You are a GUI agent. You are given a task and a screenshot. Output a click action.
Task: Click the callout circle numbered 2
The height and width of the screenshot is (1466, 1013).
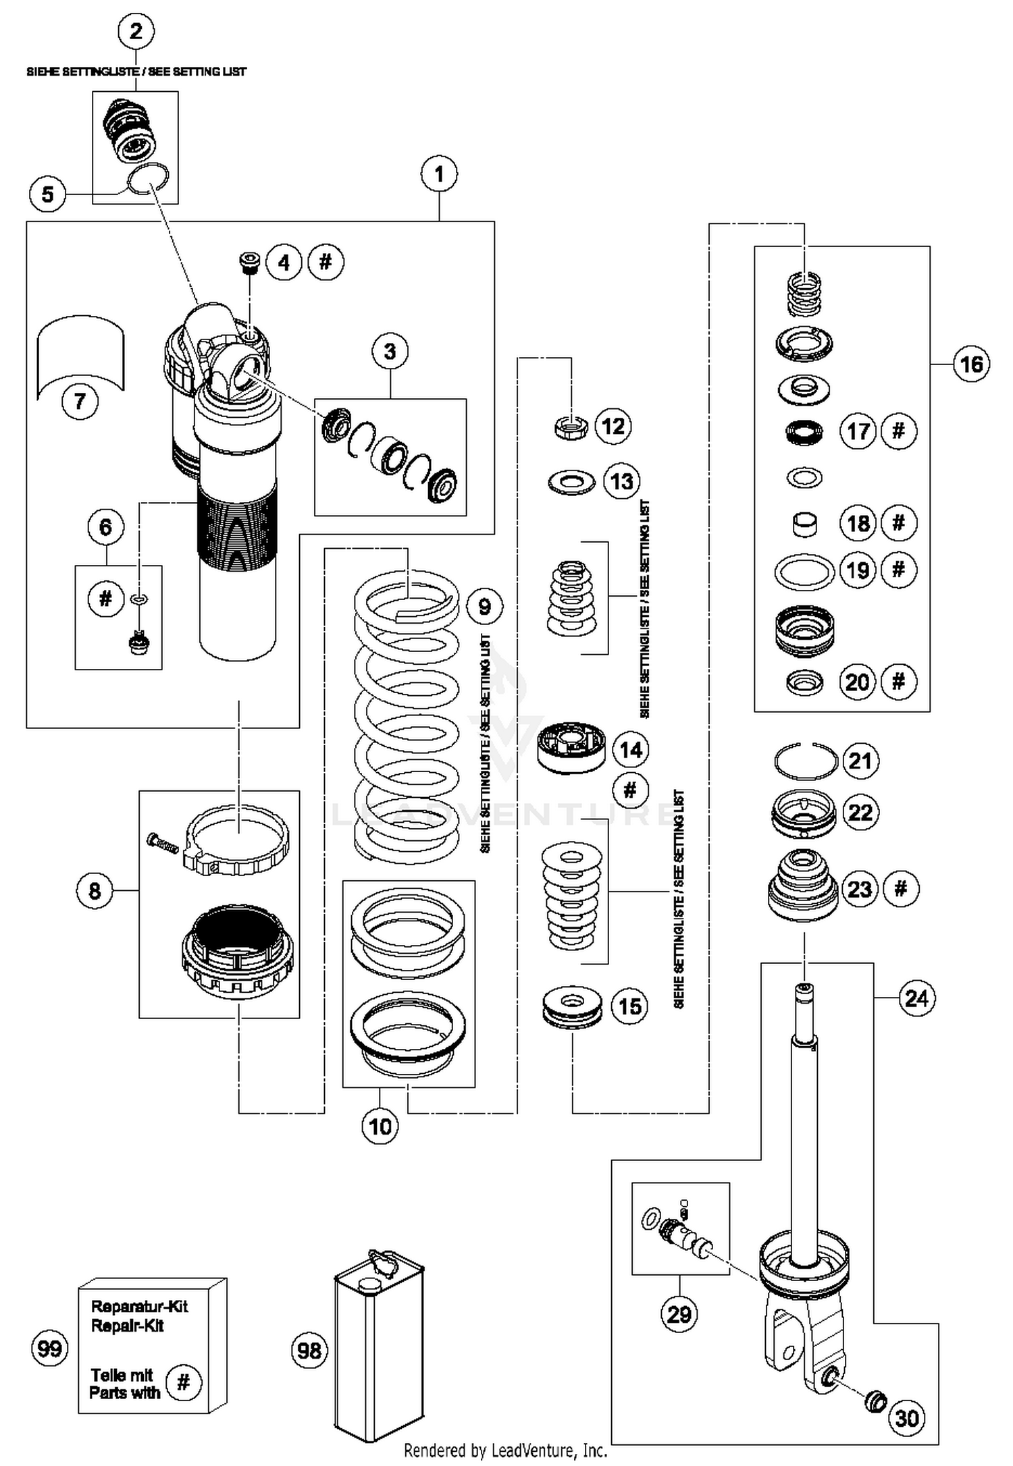click(x=136, y=31)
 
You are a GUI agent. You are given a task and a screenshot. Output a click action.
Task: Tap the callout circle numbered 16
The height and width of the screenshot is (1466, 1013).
click(x=971, y=364)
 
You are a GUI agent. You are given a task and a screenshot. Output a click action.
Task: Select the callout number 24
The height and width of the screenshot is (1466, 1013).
click(x=916, y=998)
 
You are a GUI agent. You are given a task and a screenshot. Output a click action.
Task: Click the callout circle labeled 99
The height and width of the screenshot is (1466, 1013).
click(x=50, y=1349)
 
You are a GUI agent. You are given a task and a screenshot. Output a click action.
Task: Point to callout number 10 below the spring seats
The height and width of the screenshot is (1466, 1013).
click(x=380, y=1126)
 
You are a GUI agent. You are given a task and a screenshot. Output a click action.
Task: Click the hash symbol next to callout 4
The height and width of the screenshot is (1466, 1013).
click(x=326, y=262)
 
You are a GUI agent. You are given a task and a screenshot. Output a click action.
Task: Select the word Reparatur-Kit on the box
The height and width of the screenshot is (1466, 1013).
click(x=139, y=1306)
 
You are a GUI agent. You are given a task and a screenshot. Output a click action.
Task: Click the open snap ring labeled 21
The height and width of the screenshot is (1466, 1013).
click(x=805, y=761)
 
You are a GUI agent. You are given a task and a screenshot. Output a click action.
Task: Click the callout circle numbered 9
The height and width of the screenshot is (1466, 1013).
click(x=484, y=606)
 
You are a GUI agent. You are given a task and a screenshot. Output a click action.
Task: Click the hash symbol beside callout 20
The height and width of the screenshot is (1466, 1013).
click(x=898, y=682)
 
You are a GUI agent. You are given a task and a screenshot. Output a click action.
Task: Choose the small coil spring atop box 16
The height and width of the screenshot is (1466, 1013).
click(x=804, y=293)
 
